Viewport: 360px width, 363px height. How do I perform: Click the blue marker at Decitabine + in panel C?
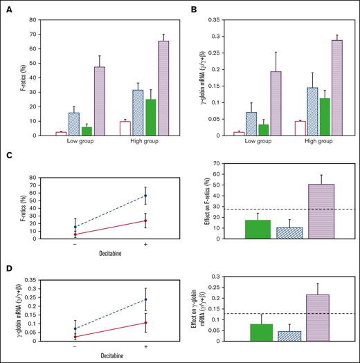click(x=145, y=196)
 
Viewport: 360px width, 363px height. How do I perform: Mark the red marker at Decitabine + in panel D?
click(x=145, y=322)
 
